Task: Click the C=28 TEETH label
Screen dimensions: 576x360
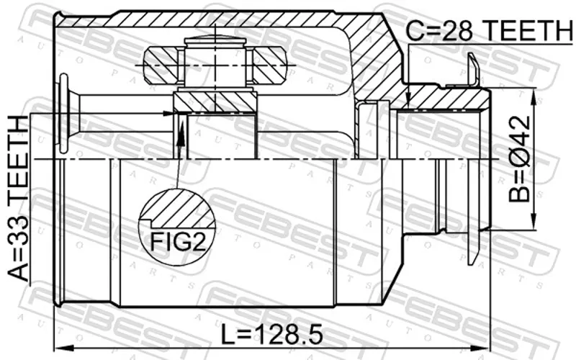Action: pyautogui.click(x=489, y=30)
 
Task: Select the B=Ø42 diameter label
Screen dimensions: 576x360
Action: pyautogui.click(x=520, y=158)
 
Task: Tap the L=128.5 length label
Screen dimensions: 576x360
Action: pyautogui.click(x=272, y=334)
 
